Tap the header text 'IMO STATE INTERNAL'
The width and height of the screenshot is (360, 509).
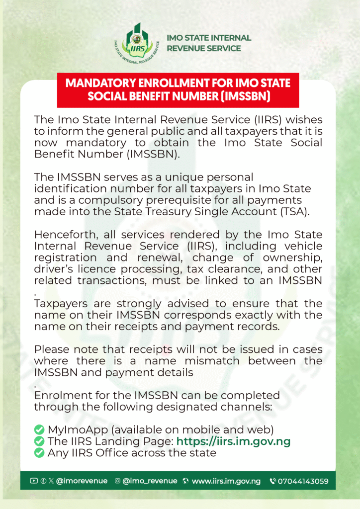[x=209, y=38]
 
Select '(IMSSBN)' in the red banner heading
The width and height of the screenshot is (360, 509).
[x=242, y=96]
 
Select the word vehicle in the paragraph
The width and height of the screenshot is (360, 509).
[x=303, y=246]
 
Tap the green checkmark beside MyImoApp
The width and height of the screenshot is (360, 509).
[x=39, y=429]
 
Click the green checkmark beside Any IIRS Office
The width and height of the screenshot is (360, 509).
[x=39, y=453]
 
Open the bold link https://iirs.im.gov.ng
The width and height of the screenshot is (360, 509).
[x=233, y=441]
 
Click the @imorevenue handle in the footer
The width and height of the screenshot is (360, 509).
[x=75, y=481]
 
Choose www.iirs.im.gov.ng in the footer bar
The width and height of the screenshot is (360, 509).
[x=226, y=481]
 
